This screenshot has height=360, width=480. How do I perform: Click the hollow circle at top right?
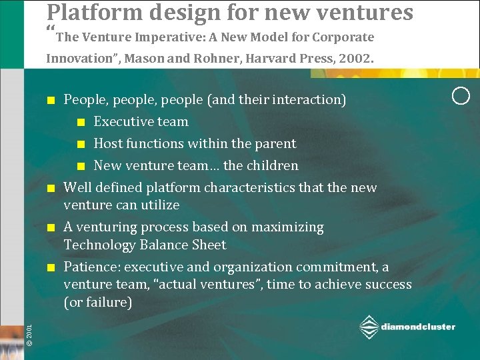coord(461,95)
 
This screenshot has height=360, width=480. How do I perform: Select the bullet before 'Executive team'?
coord(80,122)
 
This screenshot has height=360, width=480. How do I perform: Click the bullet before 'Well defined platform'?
coord(50,188)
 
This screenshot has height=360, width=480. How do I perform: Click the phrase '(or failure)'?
coord(98,302)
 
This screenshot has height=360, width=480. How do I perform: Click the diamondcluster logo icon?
coord(369,327)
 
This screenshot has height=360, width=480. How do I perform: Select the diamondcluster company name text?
coord(418,327)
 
